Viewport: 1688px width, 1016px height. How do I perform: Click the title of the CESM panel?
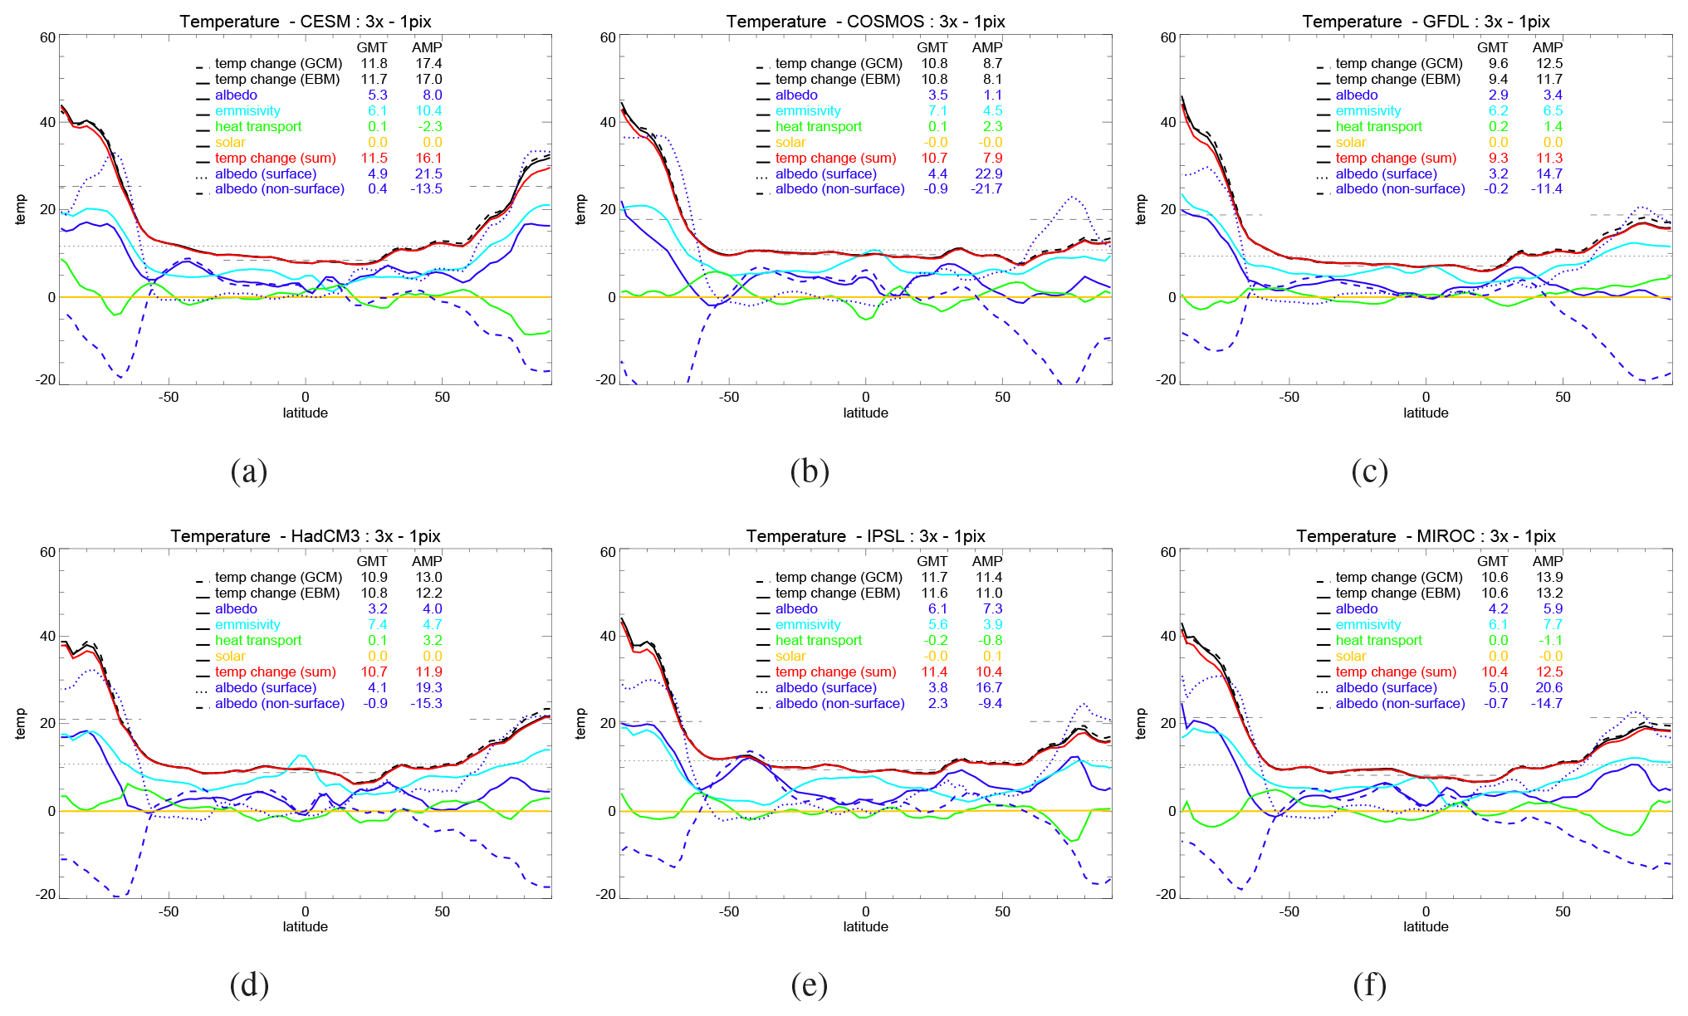(x=305, y=22)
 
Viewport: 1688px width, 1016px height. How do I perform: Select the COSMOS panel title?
(x=865, y=22)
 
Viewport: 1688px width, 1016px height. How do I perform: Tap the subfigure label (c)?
(x=1369, y=471)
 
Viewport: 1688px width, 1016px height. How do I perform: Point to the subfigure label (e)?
(x=809, y=984)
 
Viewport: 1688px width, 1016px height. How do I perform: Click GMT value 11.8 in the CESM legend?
(x=374, y=64)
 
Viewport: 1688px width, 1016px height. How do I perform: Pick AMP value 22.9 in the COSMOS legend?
(x=989, y=174)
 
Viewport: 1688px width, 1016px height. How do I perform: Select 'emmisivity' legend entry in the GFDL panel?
(x=1368, y=111)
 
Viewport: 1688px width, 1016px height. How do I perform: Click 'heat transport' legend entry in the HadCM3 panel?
(x=257, y=641)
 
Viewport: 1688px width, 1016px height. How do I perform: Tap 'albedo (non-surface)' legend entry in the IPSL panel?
(x=839, y=704)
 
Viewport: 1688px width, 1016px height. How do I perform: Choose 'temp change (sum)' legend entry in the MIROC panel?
(x=1396, y=672)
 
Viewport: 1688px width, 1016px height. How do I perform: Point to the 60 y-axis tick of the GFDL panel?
(x=1168, y=37)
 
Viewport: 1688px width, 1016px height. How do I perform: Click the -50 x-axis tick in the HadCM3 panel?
(x=169, y=911)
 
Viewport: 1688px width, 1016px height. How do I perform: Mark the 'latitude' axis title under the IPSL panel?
(x=865, y=927)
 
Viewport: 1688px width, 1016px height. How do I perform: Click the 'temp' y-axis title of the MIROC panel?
(x=1141, y=723)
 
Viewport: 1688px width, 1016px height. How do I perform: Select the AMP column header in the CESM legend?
(x=427, y=48)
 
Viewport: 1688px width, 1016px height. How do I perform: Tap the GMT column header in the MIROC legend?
(x=1492, y=562)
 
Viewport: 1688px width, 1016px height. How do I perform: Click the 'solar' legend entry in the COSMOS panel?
(x=790, y=143)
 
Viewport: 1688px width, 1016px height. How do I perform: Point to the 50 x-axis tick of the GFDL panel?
(x=1563, y=398)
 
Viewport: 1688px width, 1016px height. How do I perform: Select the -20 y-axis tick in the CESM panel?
(x=46, y=379)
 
